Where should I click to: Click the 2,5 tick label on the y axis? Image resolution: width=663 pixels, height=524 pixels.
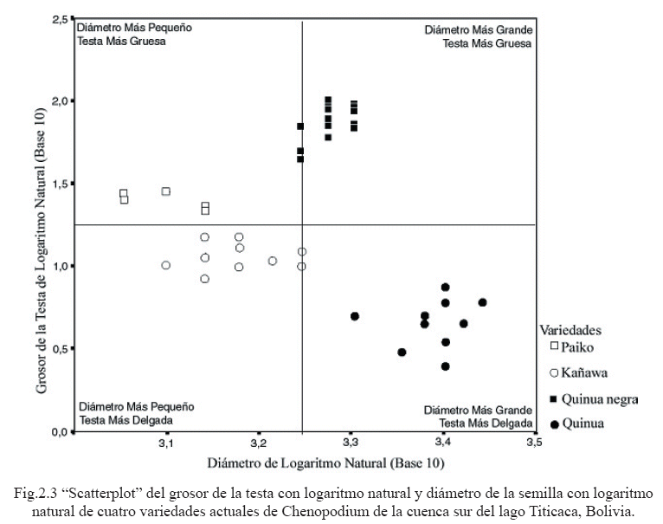58,18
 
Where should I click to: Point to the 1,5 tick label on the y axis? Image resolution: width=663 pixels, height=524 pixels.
58,184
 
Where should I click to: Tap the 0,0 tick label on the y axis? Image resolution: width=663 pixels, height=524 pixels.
58,431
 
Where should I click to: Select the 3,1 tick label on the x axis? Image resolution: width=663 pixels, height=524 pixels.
166,443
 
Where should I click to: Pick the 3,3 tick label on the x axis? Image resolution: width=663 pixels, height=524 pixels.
350,443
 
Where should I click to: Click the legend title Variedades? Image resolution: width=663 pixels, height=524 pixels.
570,329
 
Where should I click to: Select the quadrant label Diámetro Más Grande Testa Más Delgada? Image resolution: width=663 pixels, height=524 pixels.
478,417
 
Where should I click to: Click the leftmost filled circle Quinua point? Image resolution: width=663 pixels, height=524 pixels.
355,316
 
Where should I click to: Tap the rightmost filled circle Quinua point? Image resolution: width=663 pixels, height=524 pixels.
482,302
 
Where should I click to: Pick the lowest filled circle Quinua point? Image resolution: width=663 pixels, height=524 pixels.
445,366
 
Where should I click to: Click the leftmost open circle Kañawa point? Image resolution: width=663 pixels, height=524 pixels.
165,265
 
